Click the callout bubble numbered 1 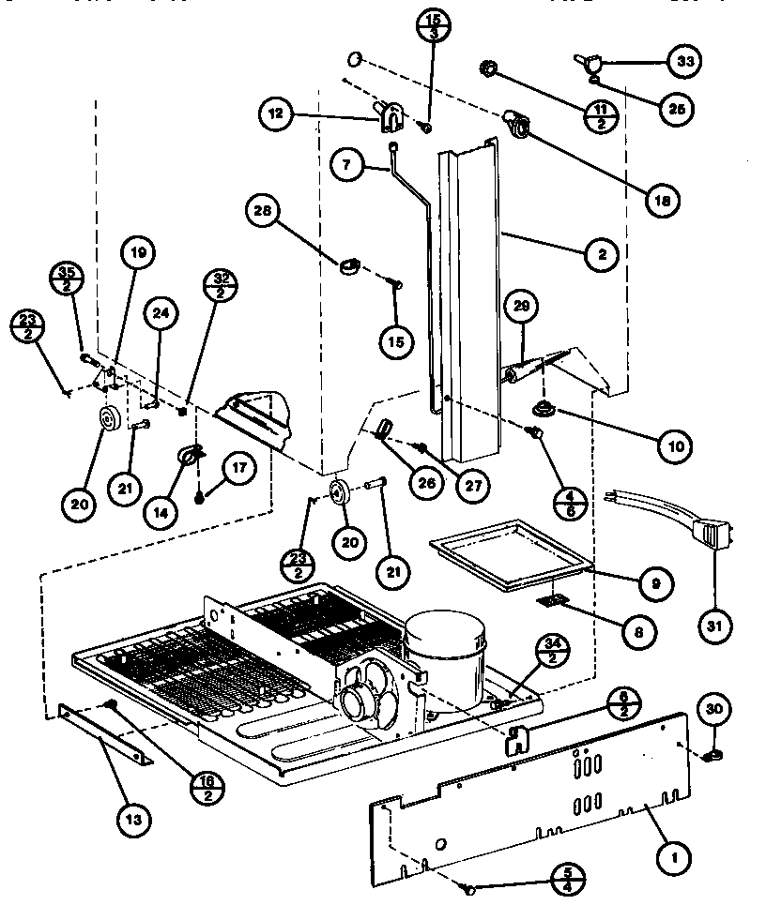[673, 854]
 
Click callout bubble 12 [275, 115]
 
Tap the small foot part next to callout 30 [714, 753]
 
